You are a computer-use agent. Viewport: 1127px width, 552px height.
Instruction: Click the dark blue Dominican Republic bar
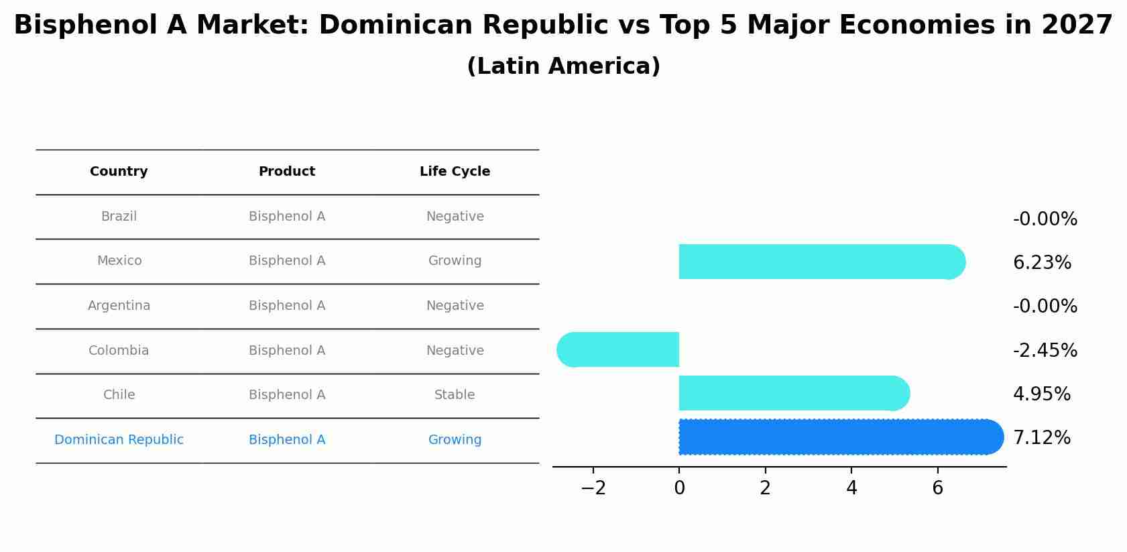(838, 437)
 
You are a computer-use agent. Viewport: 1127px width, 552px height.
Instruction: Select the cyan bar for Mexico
(818, 262)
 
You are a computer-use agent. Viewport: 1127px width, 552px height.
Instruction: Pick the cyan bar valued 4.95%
(791, 393)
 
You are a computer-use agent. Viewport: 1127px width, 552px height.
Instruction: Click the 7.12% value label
(1041, 438)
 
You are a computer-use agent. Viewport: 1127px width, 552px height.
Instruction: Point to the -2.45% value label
(1045, 350)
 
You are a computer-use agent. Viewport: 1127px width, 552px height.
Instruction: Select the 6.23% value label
(1042, 263)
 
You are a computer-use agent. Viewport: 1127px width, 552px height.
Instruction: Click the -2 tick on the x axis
(593, 488)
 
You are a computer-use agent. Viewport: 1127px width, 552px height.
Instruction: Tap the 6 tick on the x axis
(937, 488)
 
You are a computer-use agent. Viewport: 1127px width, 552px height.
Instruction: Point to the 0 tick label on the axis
(679, 488)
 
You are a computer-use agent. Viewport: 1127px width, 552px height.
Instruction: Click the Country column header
(119, 172)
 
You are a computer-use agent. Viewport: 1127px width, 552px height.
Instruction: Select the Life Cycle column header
(455, 172)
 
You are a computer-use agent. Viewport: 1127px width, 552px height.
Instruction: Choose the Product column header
(287, 172)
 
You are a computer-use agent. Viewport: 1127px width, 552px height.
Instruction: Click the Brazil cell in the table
(119, 217)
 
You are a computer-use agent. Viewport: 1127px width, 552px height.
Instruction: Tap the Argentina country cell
(119, 306)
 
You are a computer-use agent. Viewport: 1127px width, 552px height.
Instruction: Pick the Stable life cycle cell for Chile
(455, 395)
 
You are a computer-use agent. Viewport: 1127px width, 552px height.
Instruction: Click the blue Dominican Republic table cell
(119, 440)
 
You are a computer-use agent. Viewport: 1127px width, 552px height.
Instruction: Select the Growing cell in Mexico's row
(455, 261)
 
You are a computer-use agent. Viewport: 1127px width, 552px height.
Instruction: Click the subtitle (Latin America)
(563, 66)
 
